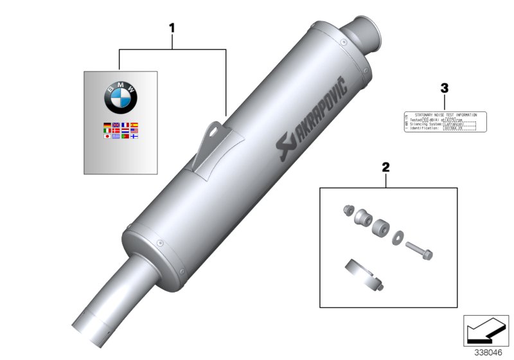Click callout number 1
172,28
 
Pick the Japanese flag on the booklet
107,136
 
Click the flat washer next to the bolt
398,235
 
